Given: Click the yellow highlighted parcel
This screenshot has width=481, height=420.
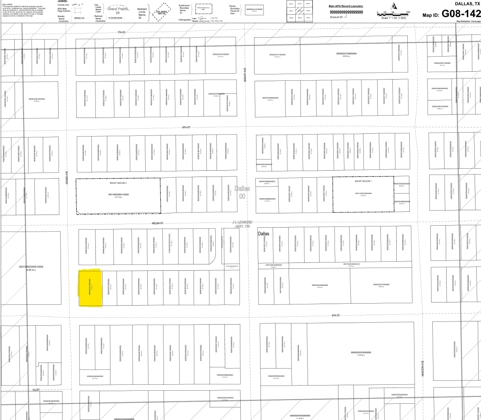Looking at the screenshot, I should pyautogui.click(x=91, y=288).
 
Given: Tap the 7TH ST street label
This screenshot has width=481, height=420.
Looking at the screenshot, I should pyautogui.click(x=121, y=32).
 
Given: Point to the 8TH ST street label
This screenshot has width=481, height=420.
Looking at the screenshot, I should pyautogui.click(x=186, y=127).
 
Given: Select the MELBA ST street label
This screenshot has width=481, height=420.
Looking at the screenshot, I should pyautogui.click(x=158, y=223).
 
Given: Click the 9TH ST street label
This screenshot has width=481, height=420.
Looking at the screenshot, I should pyautogui.click(x=336, y=315).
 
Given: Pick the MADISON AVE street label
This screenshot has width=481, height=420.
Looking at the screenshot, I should pyautogui.click(x=423, y=368).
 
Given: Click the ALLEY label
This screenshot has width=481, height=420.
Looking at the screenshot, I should pyautogui.click(x=36, y=390).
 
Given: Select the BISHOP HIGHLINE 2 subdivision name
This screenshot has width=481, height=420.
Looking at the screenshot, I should pyautogui.click(x=118, y=183).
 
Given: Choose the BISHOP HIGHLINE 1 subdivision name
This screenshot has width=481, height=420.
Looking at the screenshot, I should pyautogui.click(x=363, y=181).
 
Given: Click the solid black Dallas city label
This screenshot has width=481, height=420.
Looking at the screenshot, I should pyautogui.click(x=263, y=234).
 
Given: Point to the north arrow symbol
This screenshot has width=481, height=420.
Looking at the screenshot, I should pyautogui.click(x=394, y=6).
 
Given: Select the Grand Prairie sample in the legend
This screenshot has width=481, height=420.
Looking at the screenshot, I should pyautogui.click(x=118, y=9).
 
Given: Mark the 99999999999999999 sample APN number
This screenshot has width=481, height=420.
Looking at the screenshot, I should pyautogui.click(x=346, y=12).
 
